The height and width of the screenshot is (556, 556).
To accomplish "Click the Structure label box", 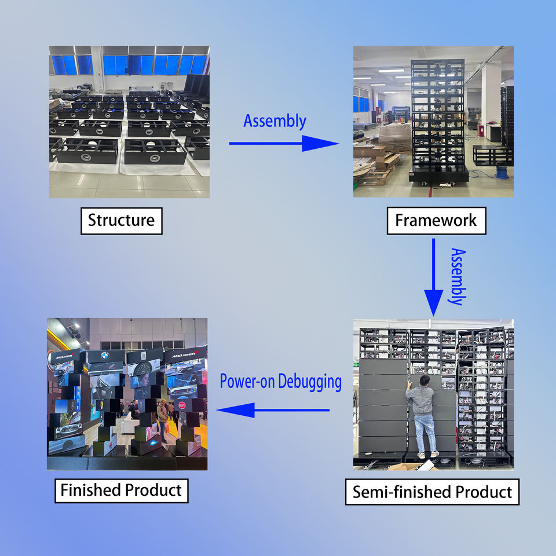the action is (x=122, y=221).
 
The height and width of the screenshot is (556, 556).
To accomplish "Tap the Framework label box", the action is (x=436, y=221).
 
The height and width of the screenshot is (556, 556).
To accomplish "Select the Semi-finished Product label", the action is (x=432, y=492).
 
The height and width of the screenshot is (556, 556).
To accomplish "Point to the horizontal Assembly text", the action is (x=275, y=122).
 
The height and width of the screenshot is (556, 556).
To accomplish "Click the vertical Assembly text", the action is (x=458, y=277).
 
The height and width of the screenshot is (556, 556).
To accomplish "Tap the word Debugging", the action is (x=309, y=382).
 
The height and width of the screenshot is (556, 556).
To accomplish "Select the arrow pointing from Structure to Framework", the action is (x=284, y=143).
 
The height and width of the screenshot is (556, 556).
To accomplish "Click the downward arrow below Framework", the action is (x=433, y=277).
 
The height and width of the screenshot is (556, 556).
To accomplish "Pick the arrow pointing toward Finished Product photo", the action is (x=273, y=410).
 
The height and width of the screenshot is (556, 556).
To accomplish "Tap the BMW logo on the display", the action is (x=105, y=356).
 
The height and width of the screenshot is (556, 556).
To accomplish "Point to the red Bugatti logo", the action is (x=182, y=405).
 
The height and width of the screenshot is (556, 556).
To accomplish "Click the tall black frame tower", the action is (x=438, y=120).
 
